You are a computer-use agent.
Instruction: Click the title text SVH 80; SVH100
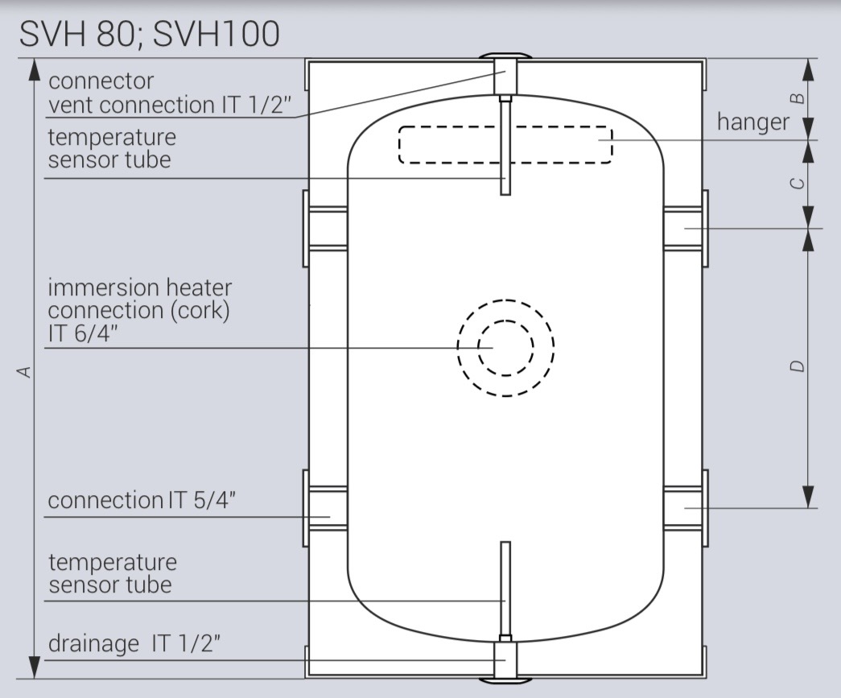pos(149,35)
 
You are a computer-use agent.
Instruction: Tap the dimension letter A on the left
pos(25,371)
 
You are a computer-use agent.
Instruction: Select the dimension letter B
pos(798,99)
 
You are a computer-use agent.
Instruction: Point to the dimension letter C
pos(798,183)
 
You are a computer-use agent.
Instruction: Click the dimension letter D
pos(798,366)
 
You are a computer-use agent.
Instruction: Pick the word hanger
pos(753,122)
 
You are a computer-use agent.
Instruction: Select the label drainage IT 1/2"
pos(134,642)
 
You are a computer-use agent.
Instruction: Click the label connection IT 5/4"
pos(142,500)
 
